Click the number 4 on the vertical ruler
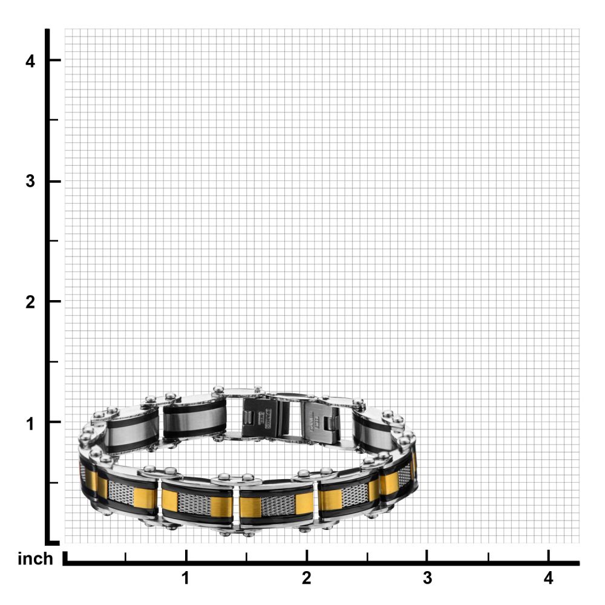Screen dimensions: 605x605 (30, 61)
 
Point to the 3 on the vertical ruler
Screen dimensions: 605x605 (30, 181)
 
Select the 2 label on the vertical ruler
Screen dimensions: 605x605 (30, 302)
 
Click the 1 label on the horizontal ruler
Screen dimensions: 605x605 (186, 578)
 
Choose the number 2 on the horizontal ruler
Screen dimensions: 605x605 (307, 578)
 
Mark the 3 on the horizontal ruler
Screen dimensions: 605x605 (427, 578)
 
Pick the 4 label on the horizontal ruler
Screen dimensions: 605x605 (548, 578)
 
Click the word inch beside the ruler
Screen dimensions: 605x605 (35, 559)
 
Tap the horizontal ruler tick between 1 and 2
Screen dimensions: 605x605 (246, 557)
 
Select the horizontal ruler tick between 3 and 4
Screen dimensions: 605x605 (488, 557)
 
